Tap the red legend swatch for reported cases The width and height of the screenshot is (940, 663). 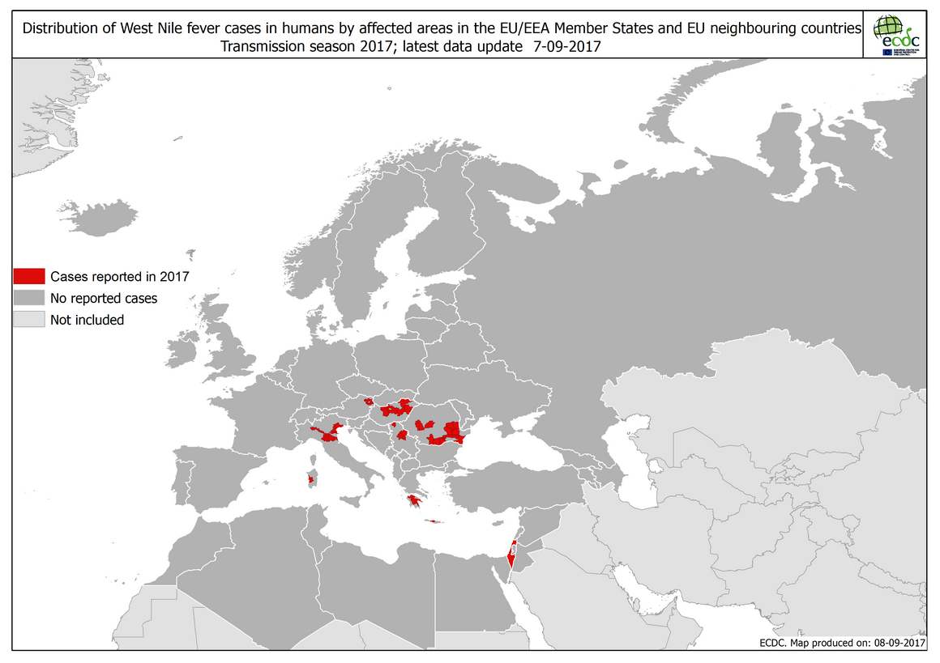28,276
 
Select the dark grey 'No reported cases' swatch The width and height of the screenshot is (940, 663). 28,298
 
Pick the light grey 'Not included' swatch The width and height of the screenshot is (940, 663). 28,320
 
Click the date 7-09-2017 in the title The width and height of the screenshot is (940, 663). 566,47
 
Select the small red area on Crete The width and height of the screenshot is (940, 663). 434,521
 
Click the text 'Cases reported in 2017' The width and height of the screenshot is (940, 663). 119,276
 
